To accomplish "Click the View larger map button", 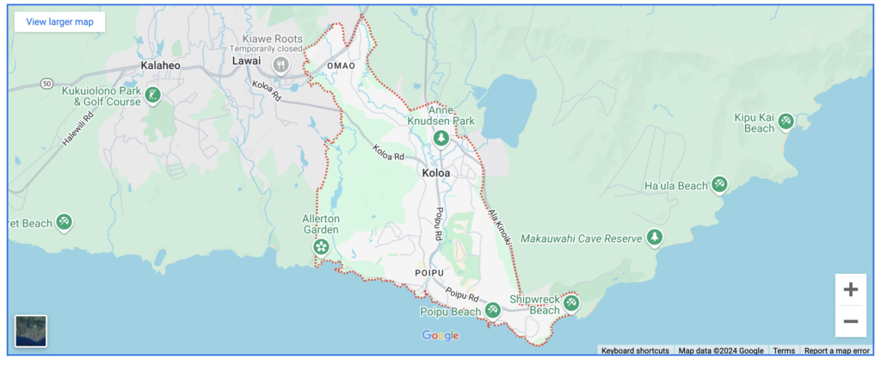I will pos(59,22).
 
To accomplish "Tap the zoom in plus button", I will pos(850,289).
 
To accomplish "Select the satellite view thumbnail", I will pos(31,331).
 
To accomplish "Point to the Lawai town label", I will pos(246,60).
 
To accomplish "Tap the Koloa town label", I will pos(436,173).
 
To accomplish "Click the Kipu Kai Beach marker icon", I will pos(786,122).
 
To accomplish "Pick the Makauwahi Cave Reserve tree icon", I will pos(656,237).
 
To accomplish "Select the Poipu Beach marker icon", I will pos(492,310).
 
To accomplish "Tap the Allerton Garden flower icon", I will pos(321,248).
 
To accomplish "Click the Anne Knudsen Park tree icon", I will pos(441,138).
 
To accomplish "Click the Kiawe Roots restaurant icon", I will pos(280,65).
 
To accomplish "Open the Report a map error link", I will pos(836,350).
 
